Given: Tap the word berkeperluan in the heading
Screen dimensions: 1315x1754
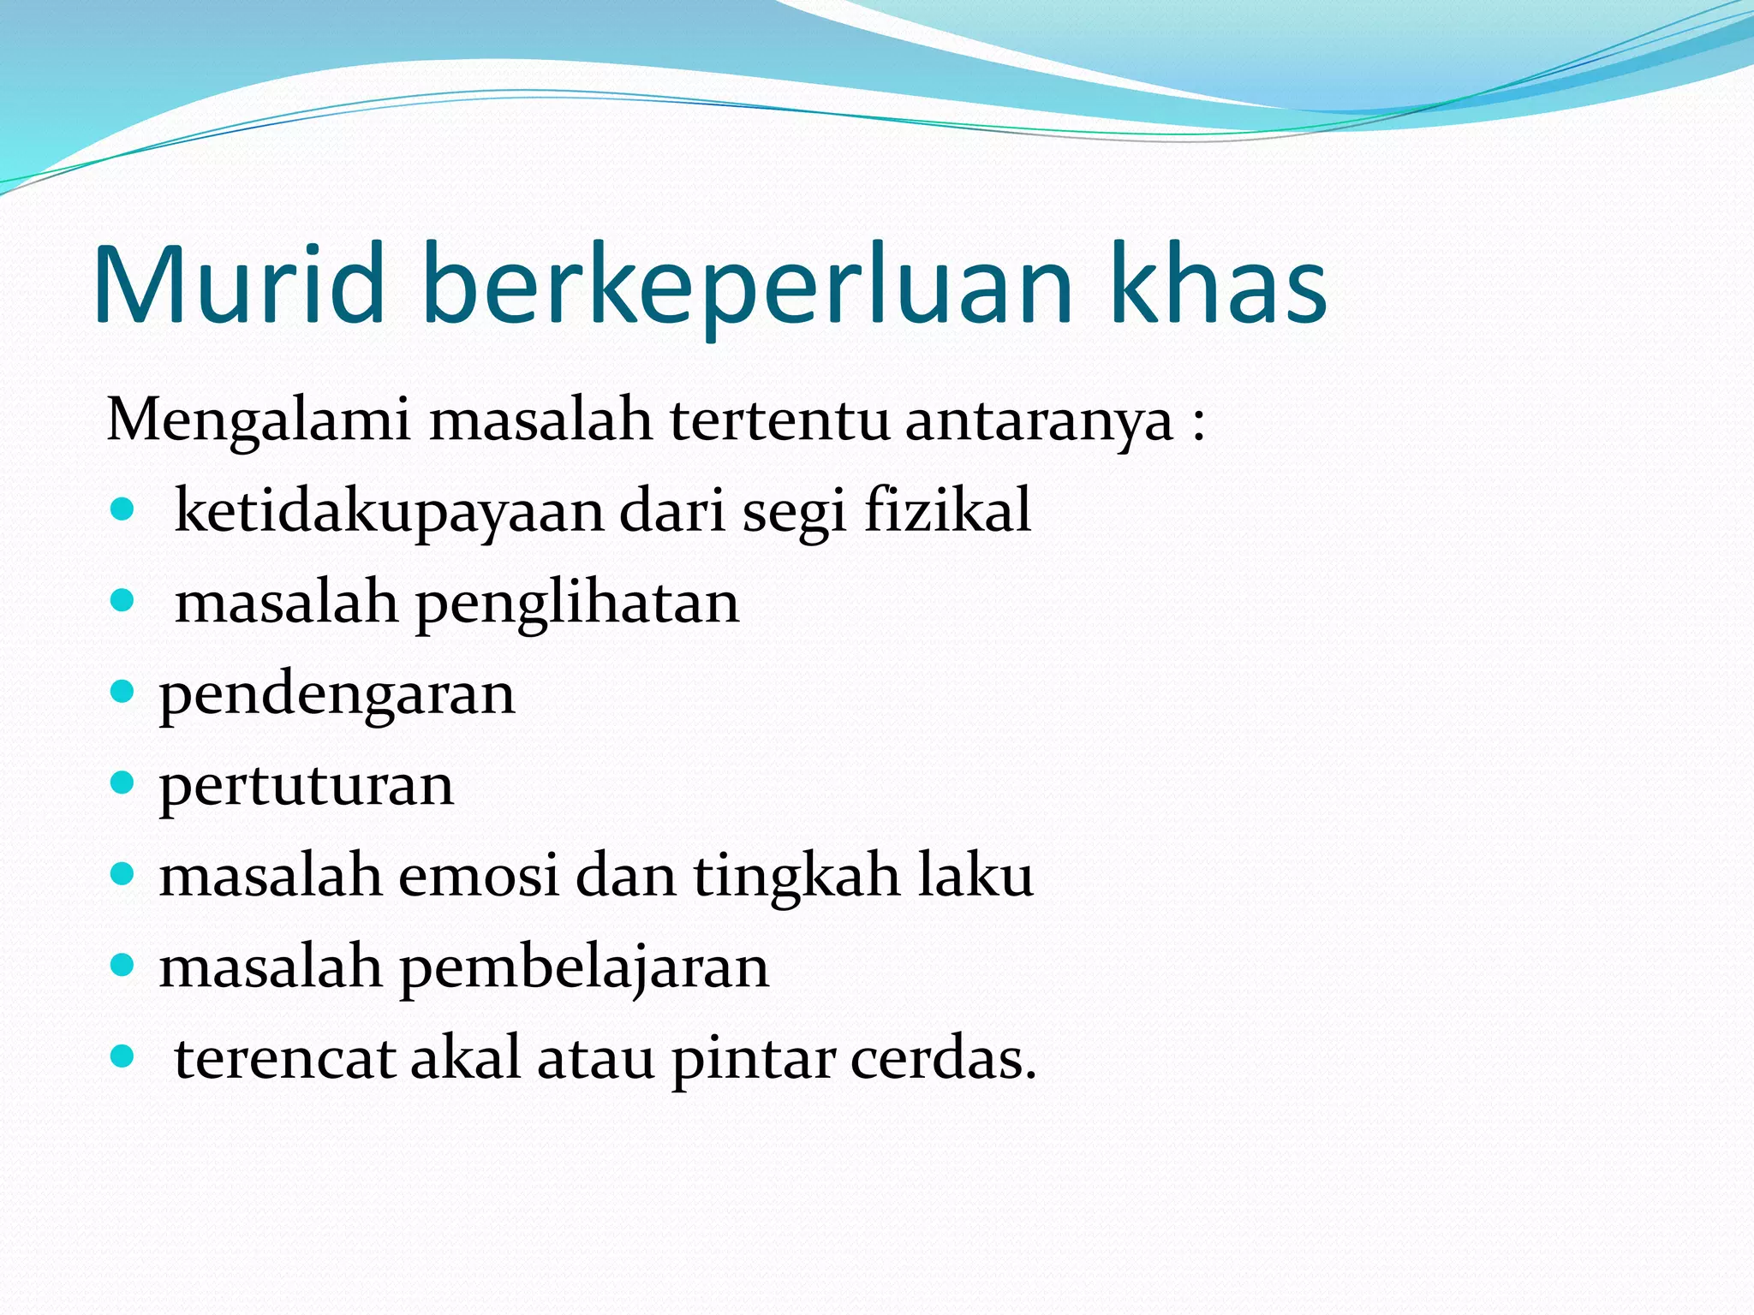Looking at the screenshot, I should pyautogui.click(x=747, y=285).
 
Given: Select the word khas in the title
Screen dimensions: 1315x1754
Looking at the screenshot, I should pyautogui.click(x=1218, y=285).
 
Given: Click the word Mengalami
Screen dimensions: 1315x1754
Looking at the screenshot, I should pyautogui.click(x=259, y=422).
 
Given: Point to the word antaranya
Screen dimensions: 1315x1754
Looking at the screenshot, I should pyautogui.click(x=1039, y=422).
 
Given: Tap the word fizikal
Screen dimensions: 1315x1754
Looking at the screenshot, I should pyautogui.click(x=947, y=511).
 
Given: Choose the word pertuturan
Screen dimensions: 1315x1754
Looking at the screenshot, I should pyautogui.click(x=306, y=786).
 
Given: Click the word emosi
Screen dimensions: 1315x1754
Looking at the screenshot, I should pyautogui.click(x=478, y=877).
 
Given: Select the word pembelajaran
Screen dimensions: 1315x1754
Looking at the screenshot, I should pyautogui.click(x=584, y=969).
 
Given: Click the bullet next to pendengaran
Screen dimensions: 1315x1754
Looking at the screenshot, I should pyautogui.click(x=123, y=691).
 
